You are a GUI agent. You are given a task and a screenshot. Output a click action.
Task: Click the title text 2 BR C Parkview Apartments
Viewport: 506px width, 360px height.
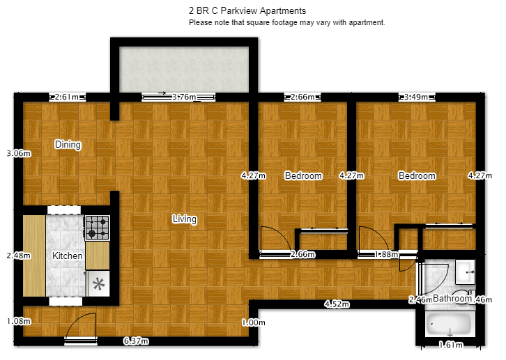tap(247, 11)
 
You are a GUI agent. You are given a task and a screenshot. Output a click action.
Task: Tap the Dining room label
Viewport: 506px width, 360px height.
tap(68, 145)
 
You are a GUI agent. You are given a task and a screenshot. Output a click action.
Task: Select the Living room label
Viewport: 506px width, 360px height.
tap(185, 219)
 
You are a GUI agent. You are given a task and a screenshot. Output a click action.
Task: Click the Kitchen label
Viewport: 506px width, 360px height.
tap(68, 256)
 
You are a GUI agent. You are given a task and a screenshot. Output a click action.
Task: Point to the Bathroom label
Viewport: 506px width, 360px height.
tap(452, 299)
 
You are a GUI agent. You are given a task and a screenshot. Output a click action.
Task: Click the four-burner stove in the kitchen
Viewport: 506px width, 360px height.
tap(97, 227)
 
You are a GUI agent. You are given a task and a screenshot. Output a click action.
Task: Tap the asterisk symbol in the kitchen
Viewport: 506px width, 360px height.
tap(99, 283)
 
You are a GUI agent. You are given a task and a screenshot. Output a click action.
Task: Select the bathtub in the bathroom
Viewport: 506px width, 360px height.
tap(450, 324)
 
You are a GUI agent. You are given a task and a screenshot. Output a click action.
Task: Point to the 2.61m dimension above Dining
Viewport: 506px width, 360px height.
tap(67, 97)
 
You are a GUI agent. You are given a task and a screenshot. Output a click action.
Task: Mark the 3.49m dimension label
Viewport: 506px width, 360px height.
tap(416, 97)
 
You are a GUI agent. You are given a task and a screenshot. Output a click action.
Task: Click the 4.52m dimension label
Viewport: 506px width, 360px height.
tap(336, 304)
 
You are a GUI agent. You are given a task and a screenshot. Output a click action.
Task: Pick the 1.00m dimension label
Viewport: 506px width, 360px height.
tap(253, 322)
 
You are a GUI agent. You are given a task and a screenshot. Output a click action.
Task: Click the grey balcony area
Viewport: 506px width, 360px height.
tap(185, 68)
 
